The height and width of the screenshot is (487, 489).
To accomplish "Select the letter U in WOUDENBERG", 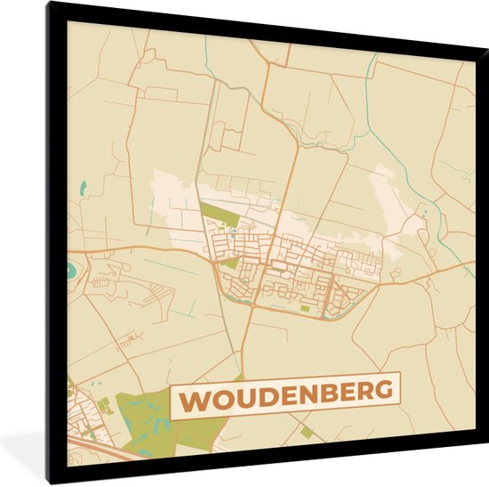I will pos(244,396).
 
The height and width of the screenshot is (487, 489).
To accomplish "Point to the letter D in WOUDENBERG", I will pos(267,394).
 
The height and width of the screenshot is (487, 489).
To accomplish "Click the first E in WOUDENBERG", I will pos(287,394).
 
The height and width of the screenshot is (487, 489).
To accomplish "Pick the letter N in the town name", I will pos(308,393).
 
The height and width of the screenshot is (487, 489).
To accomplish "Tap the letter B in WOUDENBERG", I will pos(329,392).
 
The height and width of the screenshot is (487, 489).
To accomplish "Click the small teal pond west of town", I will pos(83,188).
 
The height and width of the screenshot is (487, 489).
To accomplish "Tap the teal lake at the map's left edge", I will pos(71,268).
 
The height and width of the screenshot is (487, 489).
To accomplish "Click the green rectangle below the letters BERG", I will pos(308,432).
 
